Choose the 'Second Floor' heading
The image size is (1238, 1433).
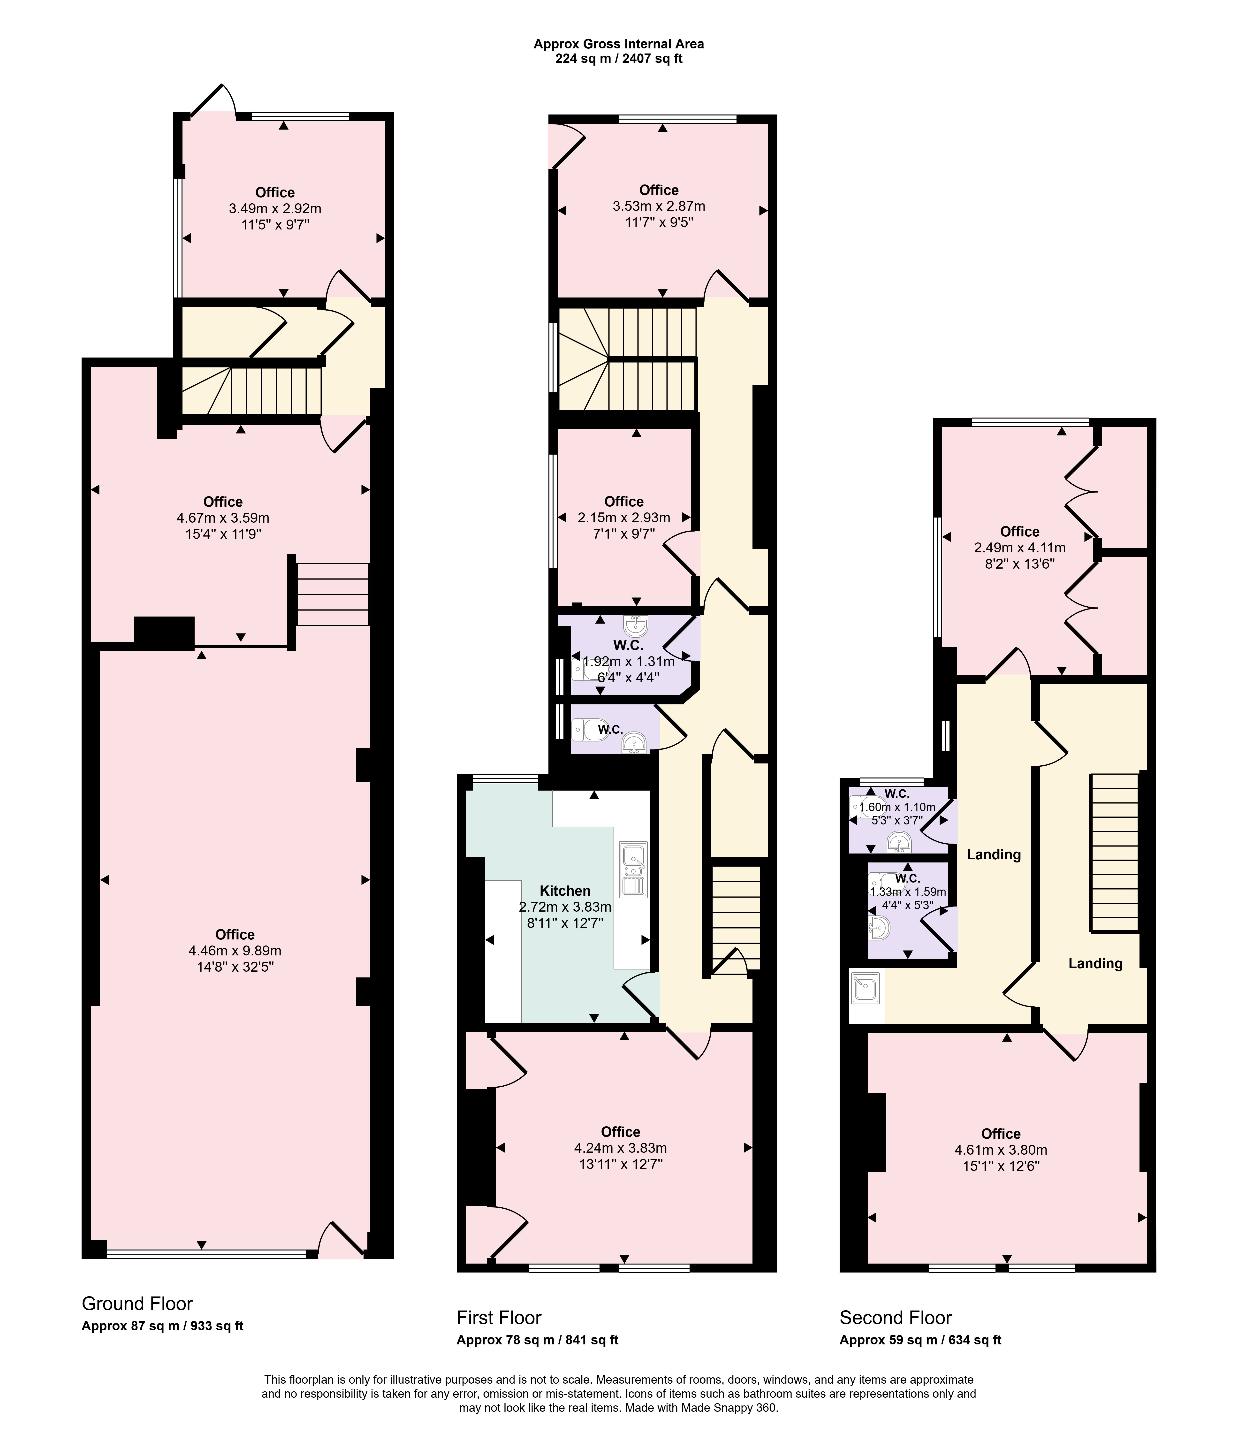(x=896, y=1318)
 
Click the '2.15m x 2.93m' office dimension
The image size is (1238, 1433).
(x=624, y=517)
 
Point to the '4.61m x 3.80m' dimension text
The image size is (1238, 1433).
(x=1001, y=1150)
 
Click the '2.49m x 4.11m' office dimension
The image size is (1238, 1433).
(x=1020, y=548)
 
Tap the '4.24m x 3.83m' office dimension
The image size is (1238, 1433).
(x=620, y=1148)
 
